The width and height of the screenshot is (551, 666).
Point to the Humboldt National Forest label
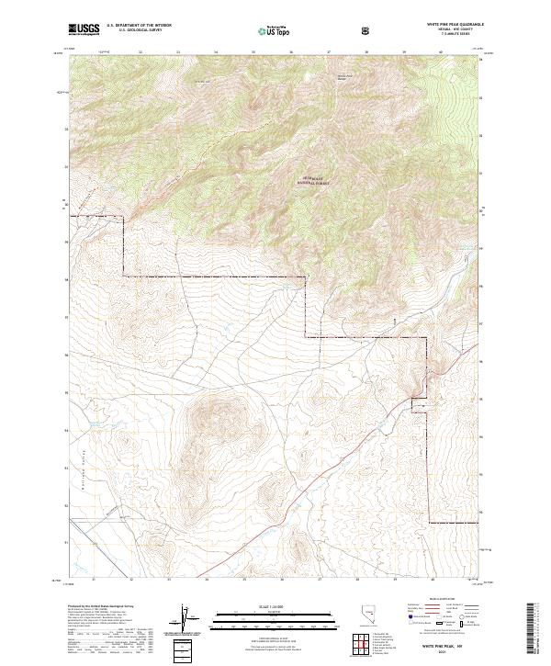(315, 182)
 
